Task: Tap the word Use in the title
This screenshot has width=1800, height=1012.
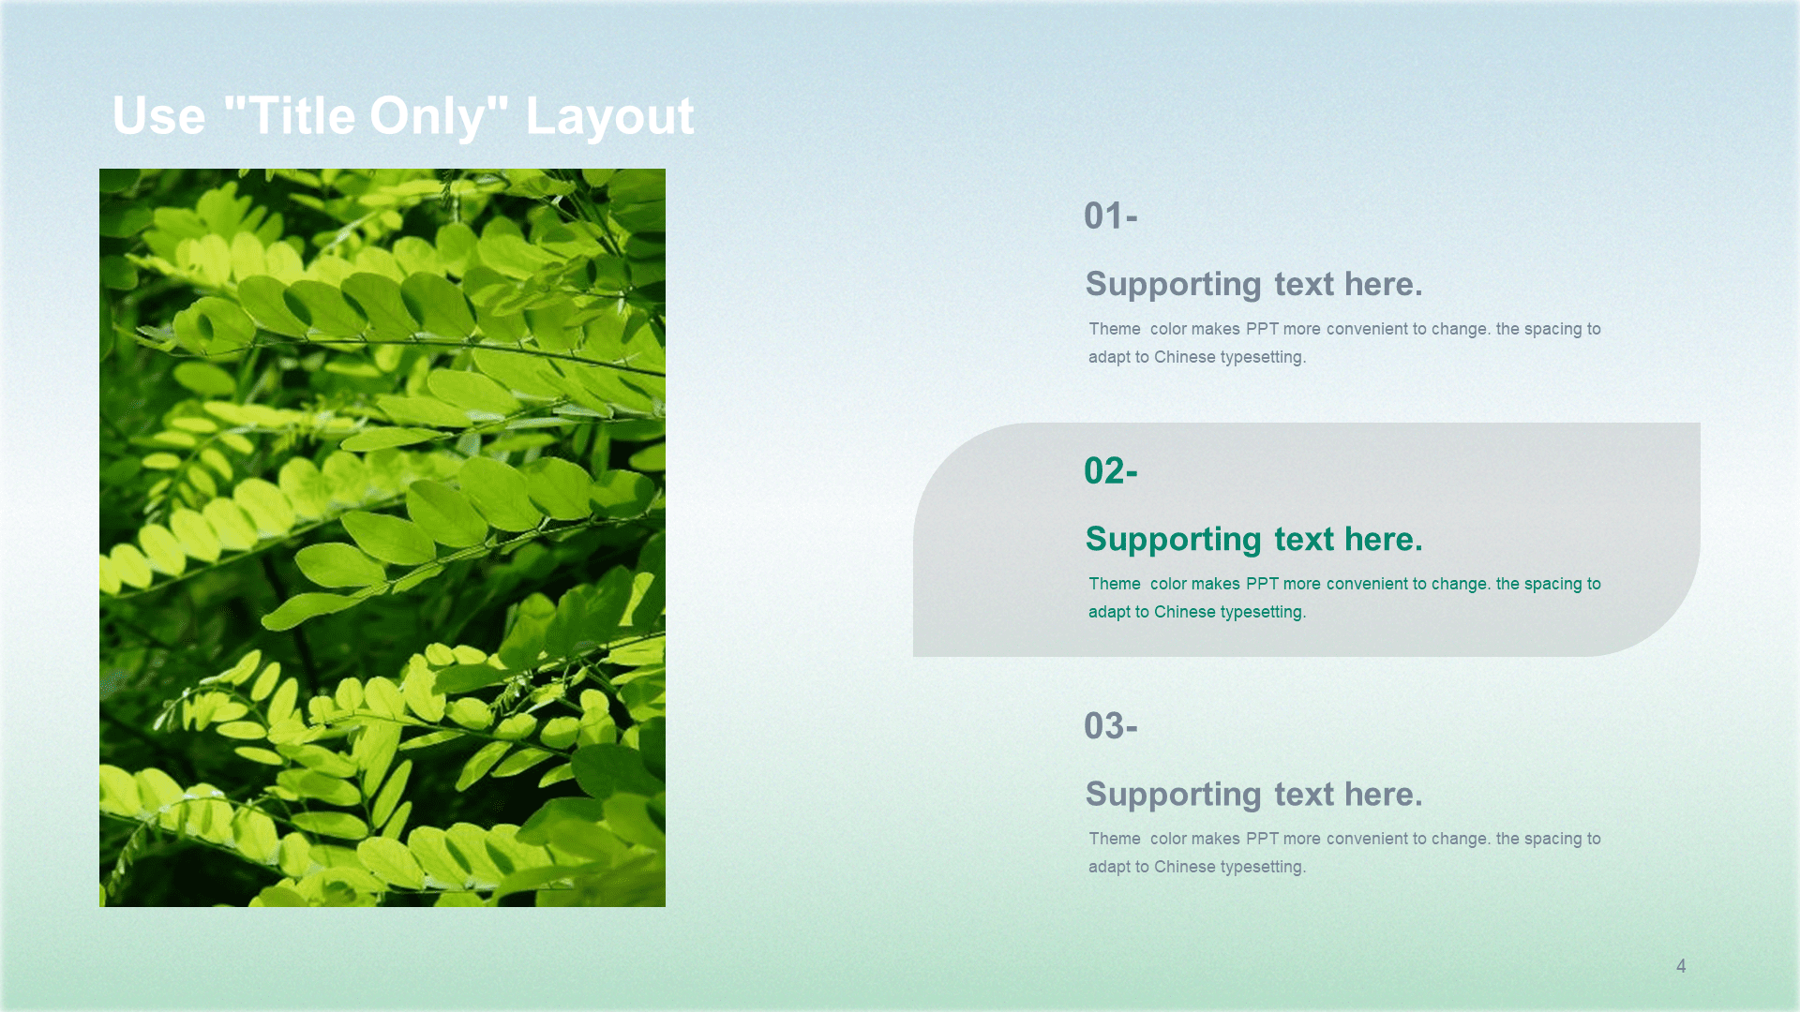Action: coord(158,116)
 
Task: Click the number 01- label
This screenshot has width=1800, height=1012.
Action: coord(1111,216)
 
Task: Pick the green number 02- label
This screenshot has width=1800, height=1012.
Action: coord(1111,471)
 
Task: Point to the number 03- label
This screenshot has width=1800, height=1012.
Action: coord(1111,726)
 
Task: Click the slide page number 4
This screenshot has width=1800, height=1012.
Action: coord(1681,966)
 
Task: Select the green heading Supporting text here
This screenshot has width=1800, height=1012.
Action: coord(1254,540)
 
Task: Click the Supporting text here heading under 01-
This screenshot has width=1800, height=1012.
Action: coord(1254,285)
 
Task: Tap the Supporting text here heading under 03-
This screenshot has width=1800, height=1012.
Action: coord(1254,795)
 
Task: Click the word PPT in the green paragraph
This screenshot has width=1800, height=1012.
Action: coord(1262,584)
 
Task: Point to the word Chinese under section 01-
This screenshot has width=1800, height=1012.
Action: coord(1184,357)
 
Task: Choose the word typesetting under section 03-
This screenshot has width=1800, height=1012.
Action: coord(1263,868)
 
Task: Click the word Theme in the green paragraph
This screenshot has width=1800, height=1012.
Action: coord(1115,584)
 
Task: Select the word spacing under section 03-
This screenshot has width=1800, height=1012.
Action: coord(1552,840)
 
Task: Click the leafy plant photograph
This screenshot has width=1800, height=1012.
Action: coord(382,538)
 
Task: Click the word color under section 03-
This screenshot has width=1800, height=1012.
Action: coord(1168,839)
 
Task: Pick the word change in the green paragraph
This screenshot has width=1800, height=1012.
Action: coord(1461,585)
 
